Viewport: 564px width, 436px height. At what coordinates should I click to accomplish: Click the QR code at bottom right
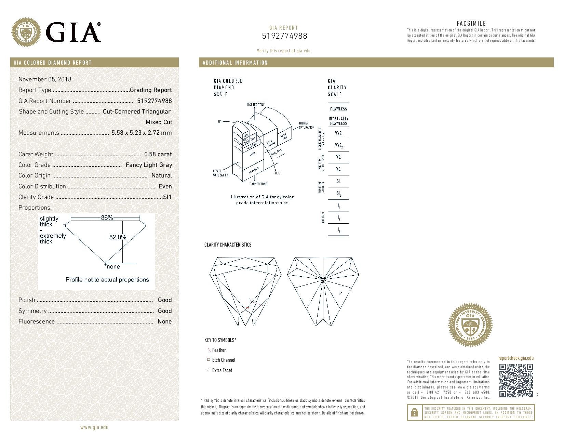pyautogui.click(x=516, y=380)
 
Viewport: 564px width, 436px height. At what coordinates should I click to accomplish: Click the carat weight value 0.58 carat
pyautogui.click(x=158, y=154)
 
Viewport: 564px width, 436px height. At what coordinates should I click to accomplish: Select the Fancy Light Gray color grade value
pyautogui.click(x=149, y=165)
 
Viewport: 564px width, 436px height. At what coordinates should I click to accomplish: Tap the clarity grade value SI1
pyautogui.click(x=167, y=197)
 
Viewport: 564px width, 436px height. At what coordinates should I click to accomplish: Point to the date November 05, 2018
pyautogui.click(x=45, y=79)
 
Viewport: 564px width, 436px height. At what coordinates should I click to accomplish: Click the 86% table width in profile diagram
pyautogui.click(x=107, y=217)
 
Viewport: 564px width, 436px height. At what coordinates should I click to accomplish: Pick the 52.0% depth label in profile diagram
pyautogui.click(x=118, y=237)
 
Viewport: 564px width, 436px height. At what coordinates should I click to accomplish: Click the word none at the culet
pyautogui.click(x=113, y=267)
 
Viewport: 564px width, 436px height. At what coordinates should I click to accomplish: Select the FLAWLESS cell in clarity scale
pyautogui.click(x=338, y=109)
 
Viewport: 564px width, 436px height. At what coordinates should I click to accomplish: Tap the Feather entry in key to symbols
pyautogui.click(x=219, y=350)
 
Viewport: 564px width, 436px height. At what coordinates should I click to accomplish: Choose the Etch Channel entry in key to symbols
pyautogui.click(x=224, y=360)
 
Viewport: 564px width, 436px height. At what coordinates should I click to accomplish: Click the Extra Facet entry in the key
pyautogui.click(x=222, y=370)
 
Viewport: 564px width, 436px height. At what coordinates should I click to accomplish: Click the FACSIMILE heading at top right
pyautogui.click(x=471, y=23)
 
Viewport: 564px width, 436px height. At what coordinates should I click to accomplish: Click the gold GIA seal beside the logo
pyautogui.click(x=26, y=32)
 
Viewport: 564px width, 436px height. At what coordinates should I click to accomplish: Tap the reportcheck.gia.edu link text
pyautogui.click(x=515, y=358)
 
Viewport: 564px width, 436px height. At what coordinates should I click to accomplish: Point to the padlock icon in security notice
pyautogui.click(x=414, y=412)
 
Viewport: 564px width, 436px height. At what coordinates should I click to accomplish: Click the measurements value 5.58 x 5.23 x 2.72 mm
pyautogui.click(x=142, y=133)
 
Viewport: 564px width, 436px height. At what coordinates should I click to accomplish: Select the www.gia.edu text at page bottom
pyautogui.click(x=94, y=427)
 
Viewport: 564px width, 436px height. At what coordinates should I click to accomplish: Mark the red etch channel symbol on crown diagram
pyautogui.click(x=248, y=308)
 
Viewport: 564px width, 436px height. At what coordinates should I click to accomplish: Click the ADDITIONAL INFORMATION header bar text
pyautogui.click(x=235, y=63)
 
